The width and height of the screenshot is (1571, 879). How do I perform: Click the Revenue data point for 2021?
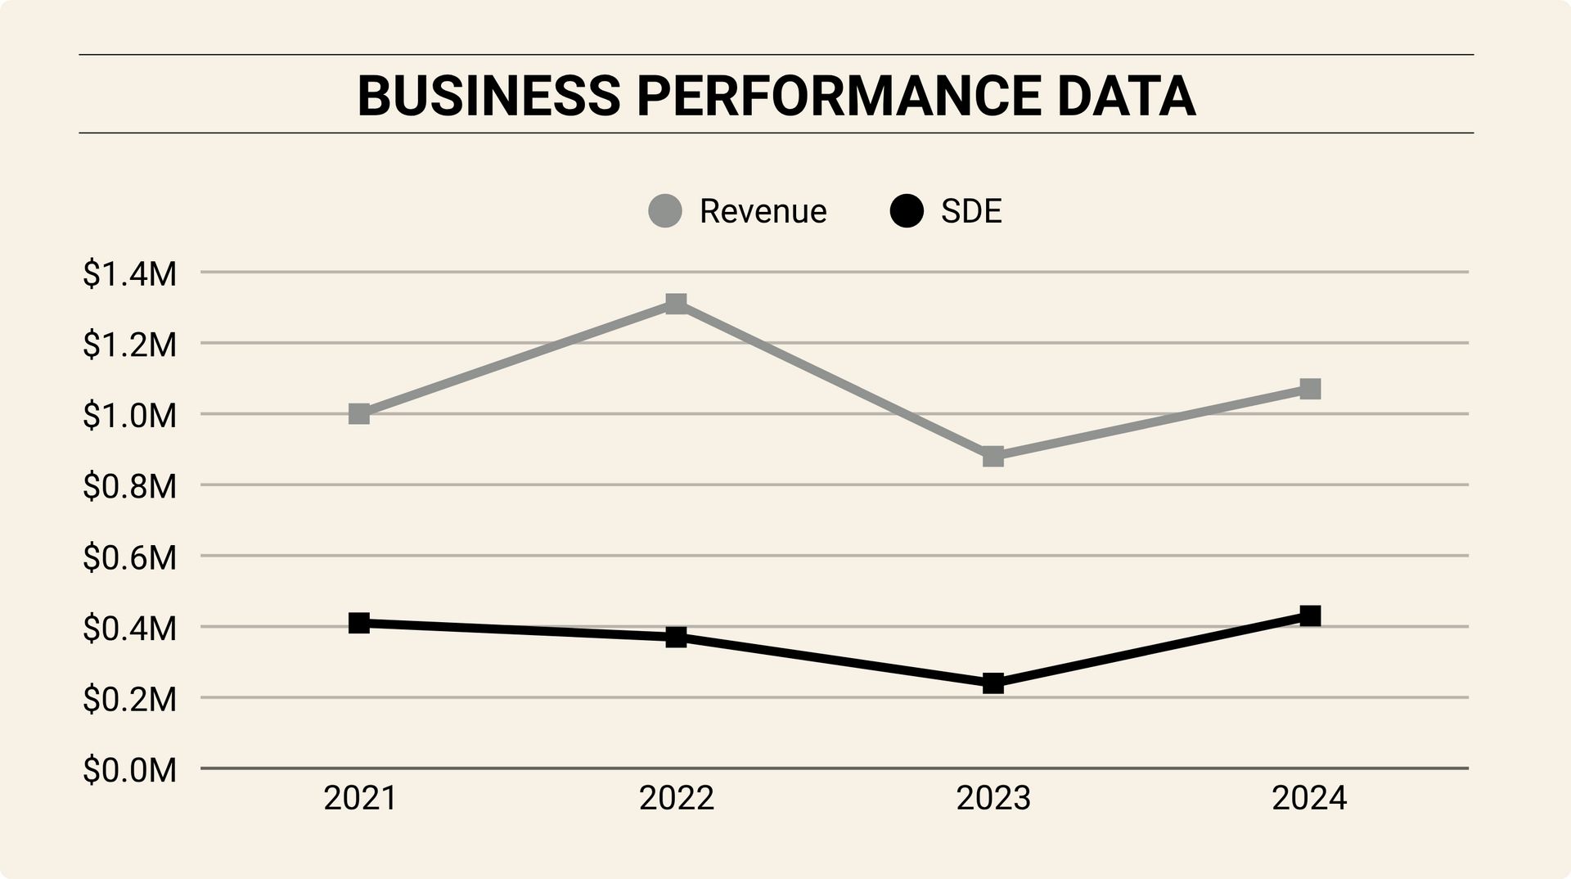click(359, 413)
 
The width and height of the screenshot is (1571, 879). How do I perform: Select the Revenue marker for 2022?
click(676, 304)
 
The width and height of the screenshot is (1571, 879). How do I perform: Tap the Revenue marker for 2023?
click(993, 456)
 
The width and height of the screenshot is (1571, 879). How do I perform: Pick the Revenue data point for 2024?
click(1310, 389)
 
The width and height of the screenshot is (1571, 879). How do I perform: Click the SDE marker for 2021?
click(359, 623)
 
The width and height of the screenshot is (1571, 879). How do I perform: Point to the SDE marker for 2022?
click(676, 637)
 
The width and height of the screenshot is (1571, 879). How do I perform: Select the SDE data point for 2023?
click(993, 683)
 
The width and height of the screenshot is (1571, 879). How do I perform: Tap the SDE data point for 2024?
click(1310, 615)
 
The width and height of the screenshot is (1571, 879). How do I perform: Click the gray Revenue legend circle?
click(665, 211)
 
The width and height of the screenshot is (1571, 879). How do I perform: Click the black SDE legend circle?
click(907, 211)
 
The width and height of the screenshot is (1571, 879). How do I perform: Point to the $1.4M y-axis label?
click(129, 274)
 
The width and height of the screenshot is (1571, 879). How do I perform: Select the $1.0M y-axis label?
click(129, 416)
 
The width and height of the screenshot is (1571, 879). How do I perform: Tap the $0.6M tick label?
click(129, 558)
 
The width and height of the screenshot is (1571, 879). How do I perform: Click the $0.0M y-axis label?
click(129, 770)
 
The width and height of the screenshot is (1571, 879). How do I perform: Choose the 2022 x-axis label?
click(676, 798)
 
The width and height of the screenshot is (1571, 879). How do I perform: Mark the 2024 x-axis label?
click(1309, 798)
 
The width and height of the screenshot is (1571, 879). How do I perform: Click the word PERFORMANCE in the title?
click(838, 96)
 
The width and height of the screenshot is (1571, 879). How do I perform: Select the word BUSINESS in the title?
click(489, 96)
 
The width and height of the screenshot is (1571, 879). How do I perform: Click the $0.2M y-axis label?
click(129, 700)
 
